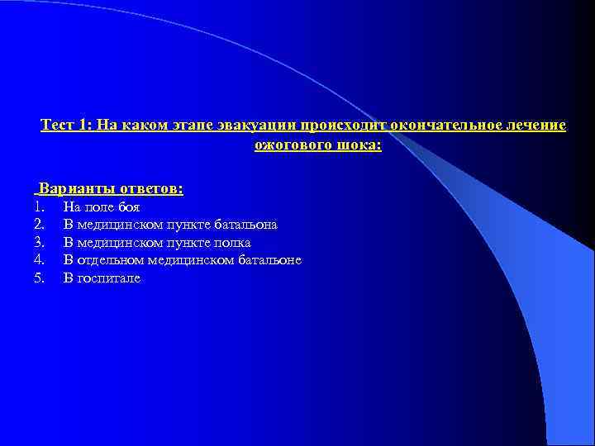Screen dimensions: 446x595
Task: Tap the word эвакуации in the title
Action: (x=266, y=126)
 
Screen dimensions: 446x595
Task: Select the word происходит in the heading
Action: (x=342, y=126)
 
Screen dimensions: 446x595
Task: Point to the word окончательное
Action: (x=441, y=126)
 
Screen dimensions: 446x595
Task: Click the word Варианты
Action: (x=73, y=189)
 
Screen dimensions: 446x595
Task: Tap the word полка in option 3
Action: (x=232, y=243)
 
